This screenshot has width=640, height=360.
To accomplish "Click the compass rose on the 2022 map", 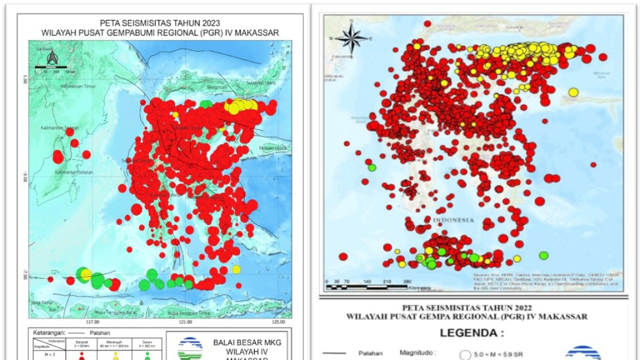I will (x=351, y=38).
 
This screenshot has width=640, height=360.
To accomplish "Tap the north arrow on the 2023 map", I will (x=52, y=59).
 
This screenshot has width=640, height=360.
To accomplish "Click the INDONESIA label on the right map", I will (x=453, y=220).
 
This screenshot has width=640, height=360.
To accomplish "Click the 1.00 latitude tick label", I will (x=24, y=79).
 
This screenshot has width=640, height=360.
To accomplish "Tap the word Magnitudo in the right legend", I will (x=418, y=353).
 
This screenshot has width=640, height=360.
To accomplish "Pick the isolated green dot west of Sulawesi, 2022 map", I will (x=372, y=167).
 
